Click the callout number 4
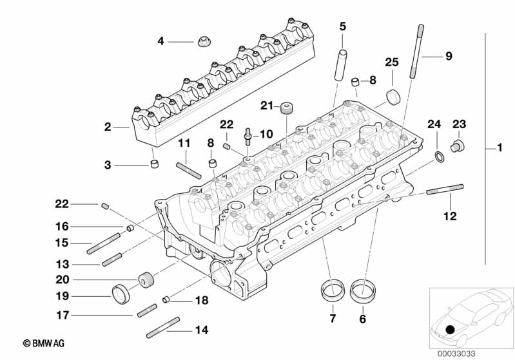click(160, 42)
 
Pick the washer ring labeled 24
click(438, 156)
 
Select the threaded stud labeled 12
click(444, 189)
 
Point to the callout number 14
click(202, 330)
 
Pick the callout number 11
click(184, 142)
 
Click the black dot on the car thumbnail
click(450, 330)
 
